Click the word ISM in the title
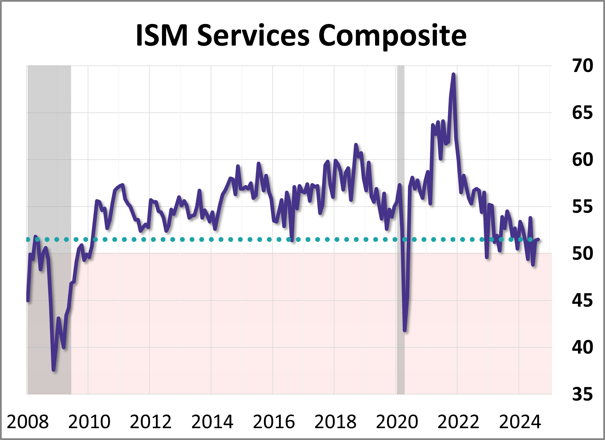point(162,36)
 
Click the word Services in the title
point(253,36)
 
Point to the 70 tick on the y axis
point(582,66)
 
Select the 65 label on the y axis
point(582,113)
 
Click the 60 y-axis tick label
point(582,160)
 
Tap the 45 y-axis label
point(582,300)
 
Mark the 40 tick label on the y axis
point(582,347)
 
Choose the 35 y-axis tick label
point(582,394)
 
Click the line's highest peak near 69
point(453,74)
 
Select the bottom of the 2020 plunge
point(405,330)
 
